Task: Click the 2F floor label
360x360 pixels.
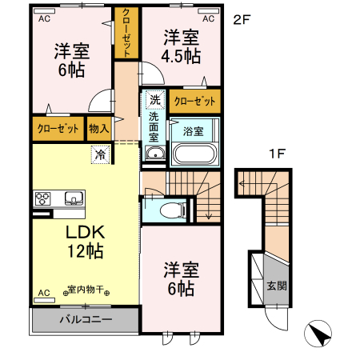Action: [242, 18]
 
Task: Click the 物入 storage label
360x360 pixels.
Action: [100, 127]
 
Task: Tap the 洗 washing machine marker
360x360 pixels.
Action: [154, 102]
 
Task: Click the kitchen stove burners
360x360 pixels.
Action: [42, 198]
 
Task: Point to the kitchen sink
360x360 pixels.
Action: [72, 198]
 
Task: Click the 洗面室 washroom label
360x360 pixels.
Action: [154, 128]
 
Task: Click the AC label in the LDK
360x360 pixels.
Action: [43, 292]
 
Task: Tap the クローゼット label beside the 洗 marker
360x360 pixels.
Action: [194, 102]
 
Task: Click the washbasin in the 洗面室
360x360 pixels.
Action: [155, 154]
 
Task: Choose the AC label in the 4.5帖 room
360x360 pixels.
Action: [208, 18]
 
